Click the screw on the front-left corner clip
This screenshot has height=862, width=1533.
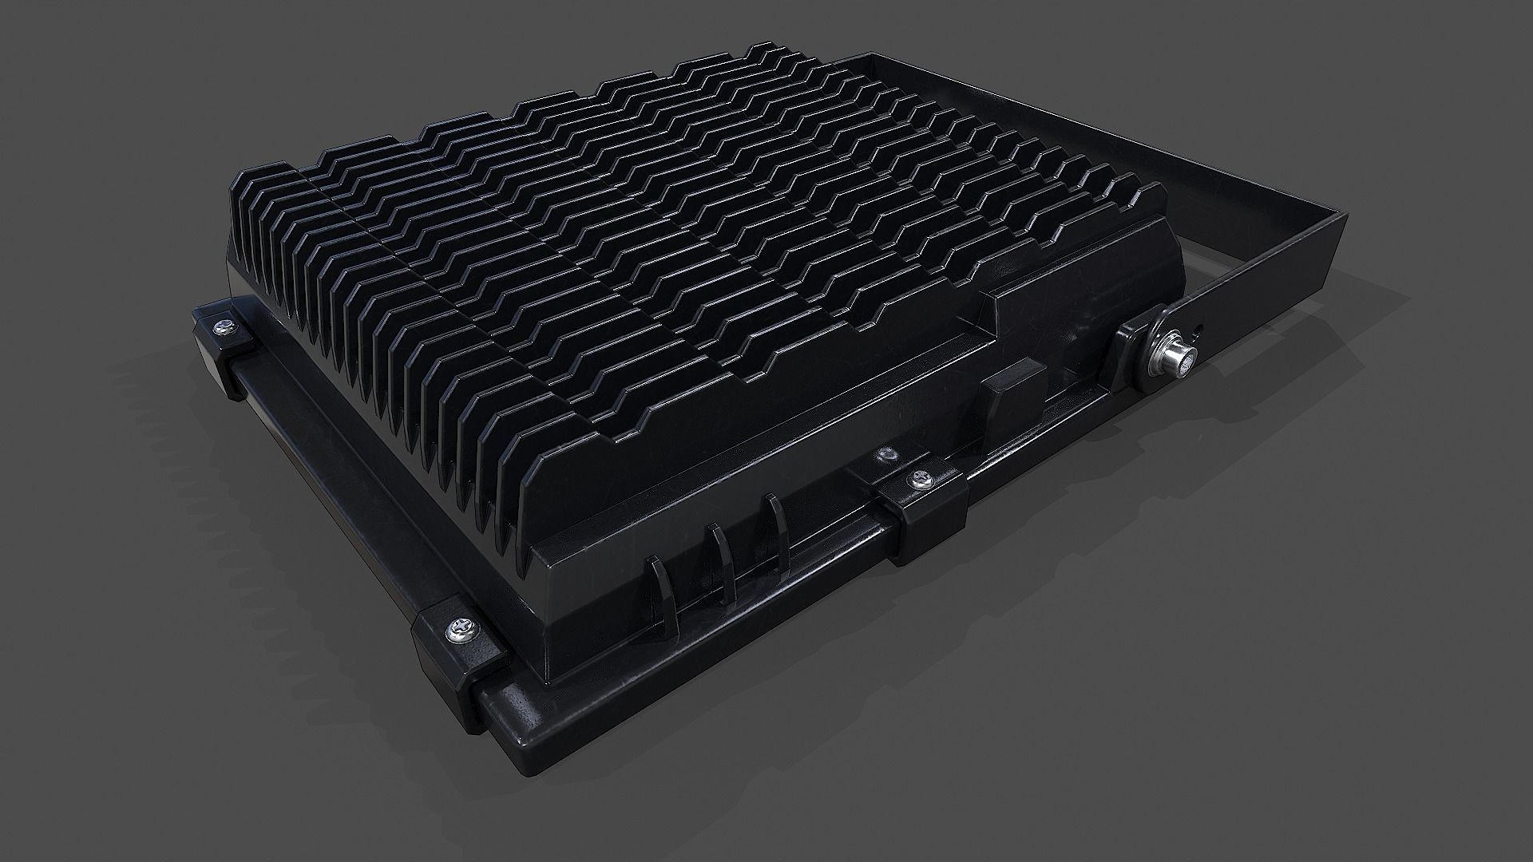point(461,628)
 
